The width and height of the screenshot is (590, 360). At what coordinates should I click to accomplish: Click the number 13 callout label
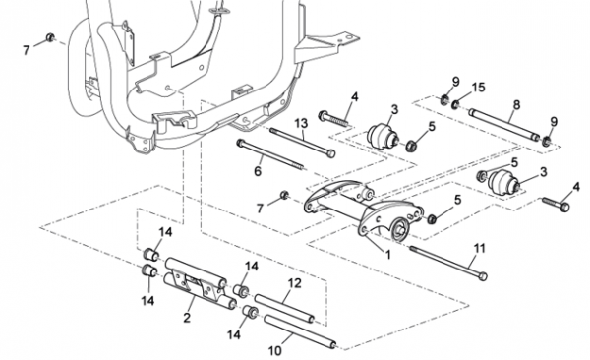(x=301, y=123)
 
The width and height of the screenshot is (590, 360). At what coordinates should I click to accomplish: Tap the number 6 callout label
(x=258, y=171)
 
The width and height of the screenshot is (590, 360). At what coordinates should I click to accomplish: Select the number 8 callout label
(x=516, y=104)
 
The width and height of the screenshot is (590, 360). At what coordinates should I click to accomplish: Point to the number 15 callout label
(x=478, y=88)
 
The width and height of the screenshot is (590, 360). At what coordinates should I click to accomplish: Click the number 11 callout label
(x=479, y=248)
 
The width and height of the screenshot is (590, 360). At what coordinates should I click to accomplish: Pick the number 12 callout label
(x=294, y=283)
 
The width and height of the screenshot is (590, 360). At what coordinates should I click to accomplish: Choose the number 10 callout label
(x=274, y=350)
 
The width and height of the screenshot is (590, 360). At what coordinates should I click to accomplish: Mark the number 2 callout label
(x=187, y=318)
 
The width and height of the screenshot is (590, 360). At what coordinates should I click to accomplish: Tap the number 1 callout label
(x=388, y=255)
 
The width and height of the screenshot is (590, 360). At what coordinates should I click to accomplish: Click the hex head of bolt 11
(x=483, y=276)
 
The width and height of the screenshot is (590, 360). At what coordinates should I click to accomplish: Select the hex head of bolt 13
(x=330, y=153)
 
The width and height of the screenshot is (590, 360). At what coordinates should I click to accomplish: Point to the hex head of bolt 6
(x=240, y=143)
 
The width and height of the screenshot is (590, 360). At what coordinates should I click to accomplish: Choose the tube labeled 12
(x=284, y=309)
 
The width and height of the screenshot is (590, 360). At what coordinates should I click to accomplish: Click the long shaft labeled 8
(x=503, y=125)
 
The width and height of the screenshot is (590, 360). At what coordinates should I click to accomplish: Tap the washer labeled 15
(x=455, y=104)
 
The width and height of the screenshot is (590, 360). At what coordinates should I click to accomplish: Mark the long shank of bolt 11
(x=444, y=261)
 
